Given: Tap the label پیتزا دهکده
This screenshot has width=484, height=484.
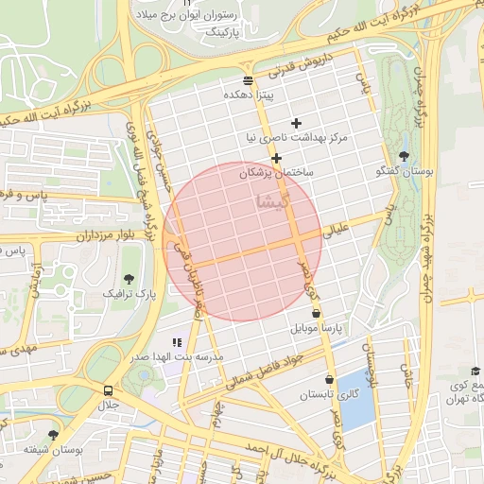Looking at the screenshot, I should pyautogui.click(x=248, y=95).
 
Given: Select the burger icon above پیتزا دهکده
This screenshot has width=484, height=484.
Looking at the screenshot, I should pyautogui.click(x=248, y=80).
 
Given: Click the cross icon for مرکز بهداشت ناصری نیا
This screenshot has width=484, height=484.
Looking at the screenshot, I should pyautogui.click(x=296, y=123).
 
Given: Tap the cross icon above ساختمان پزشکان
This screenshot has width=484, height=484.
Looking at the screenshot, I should pyautogui.click(x=276, y=158).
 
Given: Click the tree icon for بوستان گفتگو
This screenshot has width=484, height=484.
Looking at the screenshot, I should pyautogui.click(x=406, y=156).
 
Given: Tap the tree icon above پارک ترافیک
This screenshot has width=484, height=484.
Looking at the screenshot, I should pyautogui.click(x=130, y=278).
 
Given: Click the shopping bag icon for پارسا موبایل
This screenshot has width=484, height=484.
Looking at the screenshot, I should pyautogui.click(x=315, y=312).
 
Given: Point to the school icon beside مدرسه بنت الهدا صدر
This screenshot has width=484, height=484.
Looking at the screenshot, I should pyautogui.click(x=176, y=342).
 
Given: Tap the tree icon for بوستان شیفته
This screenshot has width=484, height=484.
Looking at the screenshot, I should pyautogui.click(x=53, y=435).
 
